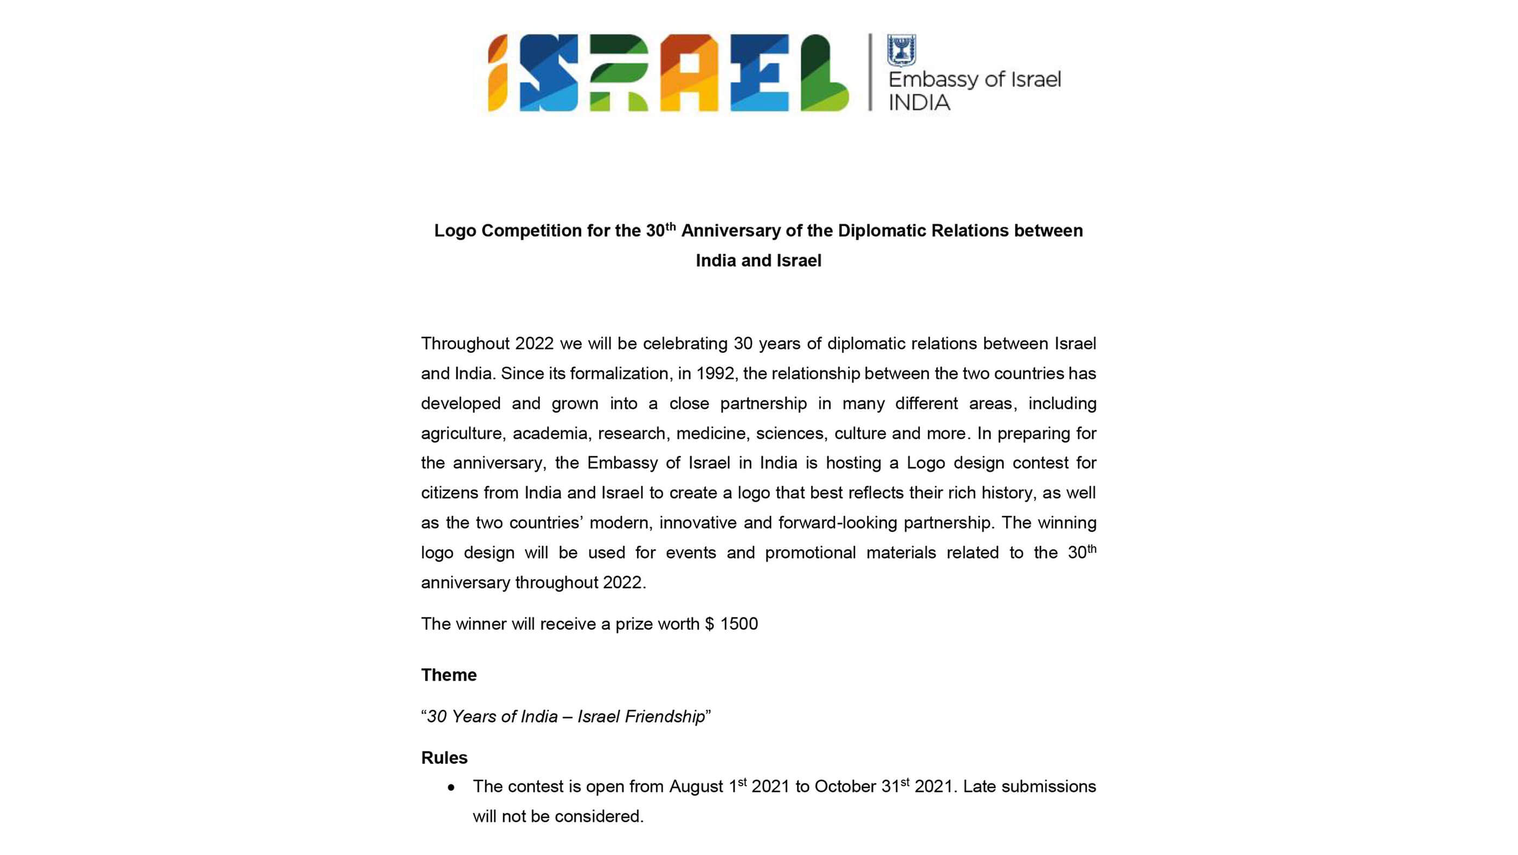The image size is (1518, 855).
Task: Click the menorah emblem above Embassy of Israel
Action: point(902,50)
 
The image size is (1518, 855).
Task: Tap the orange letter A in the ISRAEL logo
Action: point(689,73)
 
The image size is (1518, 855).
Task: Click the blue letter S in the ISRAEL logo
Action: point(549,73)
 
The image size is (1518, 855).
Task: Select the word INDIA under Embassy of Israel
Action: point(919,103)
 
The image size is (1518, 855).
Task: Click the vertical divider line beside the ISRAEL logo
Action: point(870,72)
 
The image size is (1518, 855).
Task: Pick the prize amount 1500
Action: point(739,624)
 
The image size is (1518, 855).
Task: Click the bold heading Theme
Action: point(448,674)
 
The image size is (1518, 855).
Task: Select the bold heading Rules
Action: point(443,758)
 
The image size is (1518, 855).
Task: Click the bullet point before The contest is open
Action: point(451,788)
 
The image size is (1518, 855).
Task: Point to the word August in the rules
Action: point(696,787)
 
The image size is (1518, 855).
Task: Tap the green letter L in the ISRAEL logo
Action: point(824,73)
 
